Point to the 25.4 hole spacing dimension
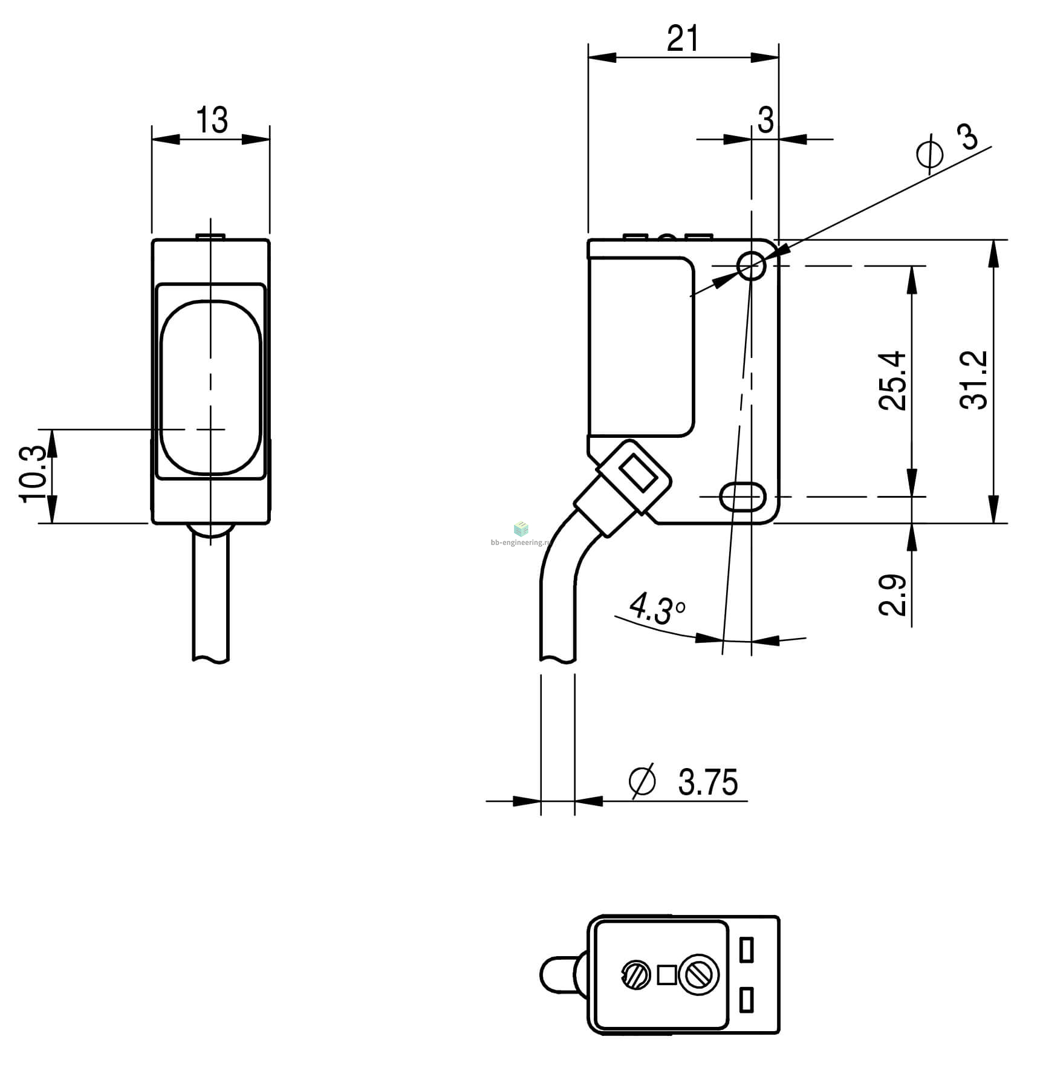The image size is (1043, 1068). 892,380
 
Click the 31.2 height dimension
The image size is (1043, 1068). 973,380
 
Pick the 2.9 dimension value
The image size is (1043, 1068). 892,595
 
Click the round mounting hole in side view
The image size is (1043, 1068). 752,265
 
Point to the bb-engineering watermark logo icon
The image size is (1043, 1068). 521,529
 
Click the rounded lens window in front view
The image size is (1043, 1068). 210,386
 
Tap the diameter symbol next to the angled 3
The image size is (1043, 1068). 930,154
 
